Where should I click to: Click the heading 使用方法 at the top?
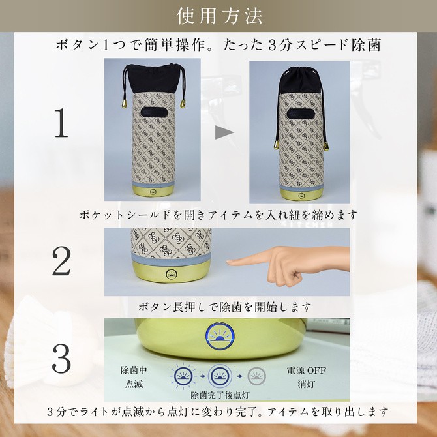click(218, 14)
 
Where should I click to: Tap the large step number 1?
click(61, 124)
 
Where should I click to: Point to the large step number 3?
click(61, 359)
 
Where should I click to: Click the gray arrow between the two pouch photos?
click(224, 132)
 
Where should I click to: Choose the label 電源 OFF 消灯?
click(304, 376)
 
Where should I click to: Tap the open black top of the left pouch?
click(153, 76)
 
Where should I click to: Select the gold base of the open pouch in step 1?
click(153, 192)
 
